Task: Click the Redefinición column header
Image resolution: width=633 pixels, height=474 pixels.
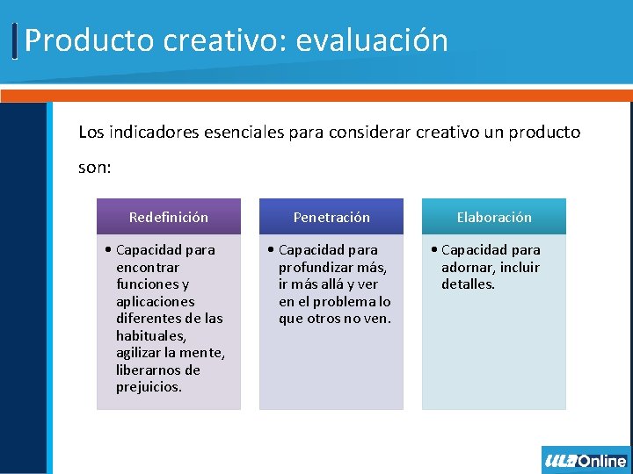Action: coord(169,217)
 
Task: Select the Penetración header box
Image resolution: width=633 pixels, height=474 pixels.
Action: coord(331,217)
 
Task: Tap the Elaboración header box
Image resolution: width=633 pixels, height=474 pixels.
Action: coord(494,217)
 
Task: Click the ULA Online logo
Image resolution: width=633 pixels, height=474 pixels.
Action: coord(586,460)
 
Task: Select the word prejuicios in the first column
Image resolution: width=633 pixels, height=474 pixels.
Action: coord(149,386)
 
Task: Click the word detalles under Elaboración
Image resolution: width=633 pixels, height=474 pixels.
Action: coord(468,284)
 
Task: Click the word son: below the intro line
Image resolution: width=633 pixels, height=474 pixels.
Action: coord(95,167)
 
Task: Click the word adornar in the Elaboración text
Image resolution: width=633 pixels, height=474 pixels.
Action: coord(467,267)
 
